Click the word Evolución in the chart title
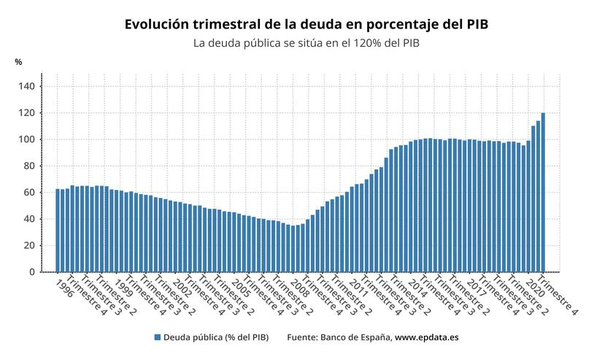pyautogui.click(x=156, y=24)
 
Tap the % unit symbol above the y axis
pyautogui.click(x=18, y=62)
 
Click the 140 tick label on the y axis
pyautogui.click(x=26, y=86)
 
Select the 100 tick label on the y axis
pyautogui.click(x=26, y=139)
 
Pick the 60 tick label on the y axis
pyautogui.click(x=29, y=193)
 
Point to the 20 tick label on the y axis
pyautogui.click(x=29, y=245)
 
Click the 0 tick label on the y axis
pyautogui.click(x=31, y=272)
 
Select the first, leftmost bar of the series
pyautogui.click(x=58, y=231)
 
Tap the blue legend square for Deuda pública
pyautogui.click(x=157, y=337)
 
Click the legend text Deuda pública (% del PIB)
pyautogui.click(x=215, y=337)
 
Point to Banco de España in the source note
pyautogui.click(x=356, y=337)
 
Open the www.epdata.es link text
pyautogui.click(x=427, y=337)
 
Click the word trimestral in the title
pyautogui.click(x=229, y=24)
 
